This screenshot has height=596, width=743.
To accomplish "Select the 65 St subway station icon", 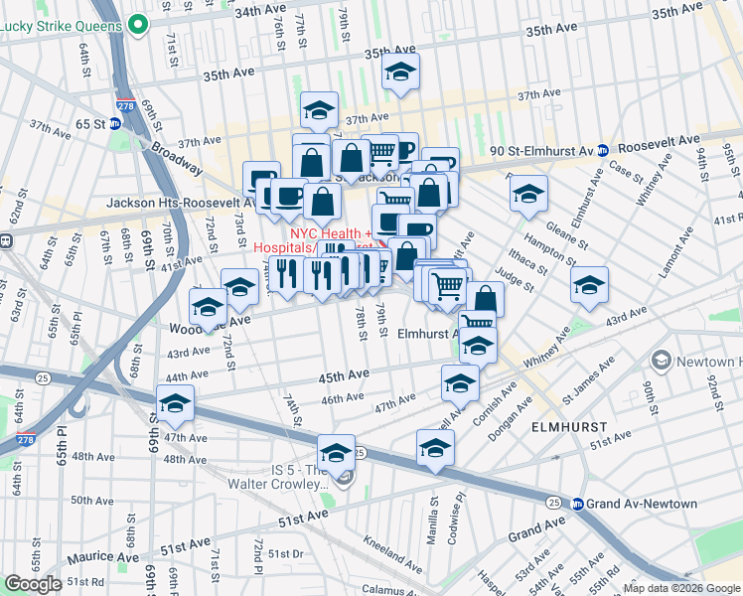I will coord(114,124).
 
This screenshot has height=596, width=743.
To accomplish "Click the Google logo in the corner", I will coord(33,584).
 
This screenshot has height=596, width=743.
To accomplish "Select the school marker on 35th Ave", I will coord(400,72).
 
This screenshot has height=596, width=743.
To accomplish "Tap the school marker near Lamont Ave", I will coord(589,285).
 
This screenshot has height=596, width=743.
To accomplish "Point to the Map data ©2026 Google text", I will coord(681,588).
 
